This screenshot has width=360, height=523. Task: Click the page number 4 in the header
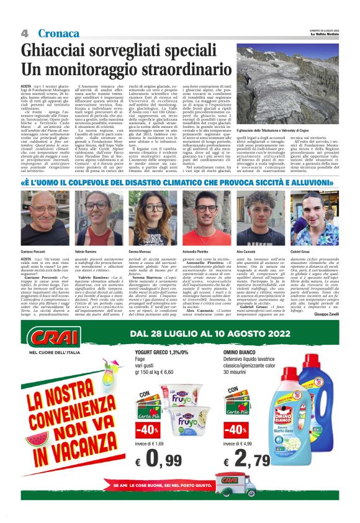[x=24, y=33]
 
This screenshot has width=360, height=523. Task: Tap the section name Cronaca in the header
[x=58, y=33]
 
